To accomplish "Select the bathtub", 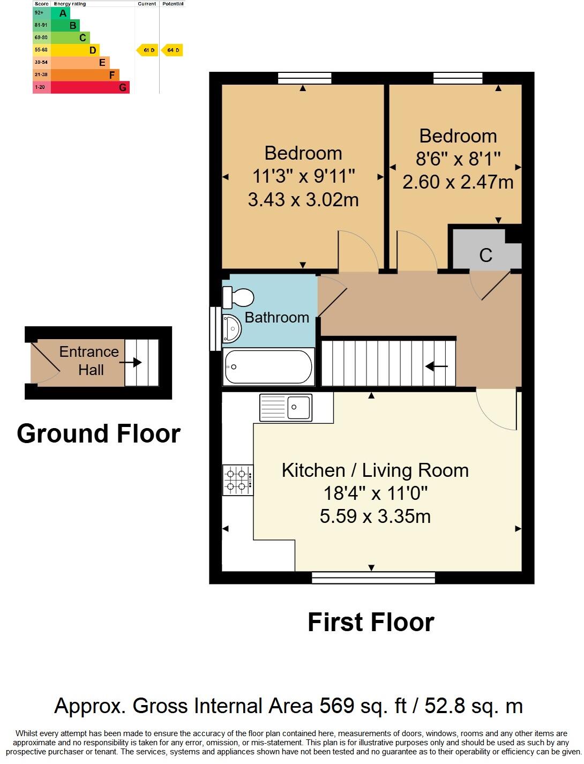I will pos(268,366).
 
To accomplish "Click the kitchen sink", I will pos(286,407).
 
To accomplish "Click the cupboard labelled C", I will pos(485,254).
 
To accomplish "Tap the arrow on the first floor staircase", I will pos(437,366).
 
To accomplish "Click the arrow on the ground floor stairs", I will pos(131,363).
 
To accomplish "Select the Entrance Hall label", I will pos(89,361).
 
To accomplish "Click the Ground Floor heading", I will pos(99,433).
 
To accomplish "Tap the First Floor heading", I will pos(371,622).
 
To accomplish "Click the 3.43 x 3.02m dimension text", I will pos(303,200).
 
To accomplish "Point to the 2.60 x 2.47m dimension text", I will pos(458,182).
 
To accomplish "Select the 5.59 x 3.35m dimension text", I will pos(375,516).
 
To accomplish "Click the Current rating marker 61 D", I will pos(147,50).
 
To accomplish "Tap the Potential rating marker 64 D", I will pos(173,50).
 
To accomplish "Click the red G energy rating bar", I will pos(90,87).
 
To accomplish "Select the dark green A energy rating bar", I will pos(61,13).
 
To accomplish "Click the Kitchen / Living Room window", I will pos(373,577).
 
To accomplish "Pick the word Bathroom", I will pos(276,318).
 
